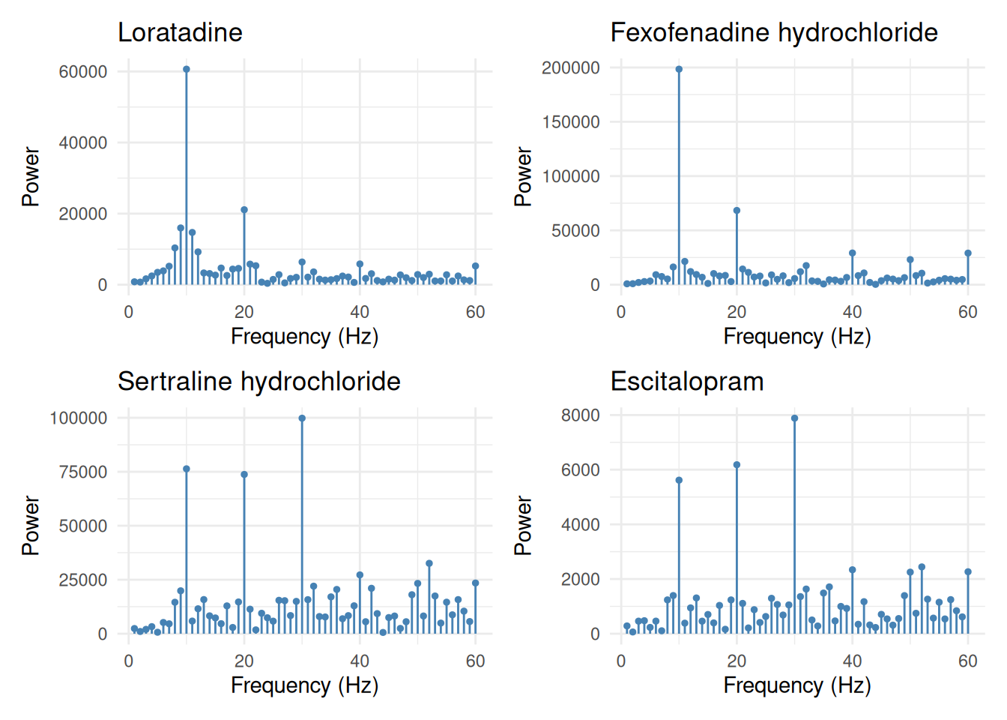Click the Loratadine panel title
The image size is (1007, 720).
pos(180,32)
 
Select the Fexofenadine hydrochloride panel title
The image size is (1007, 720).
pos(774,32)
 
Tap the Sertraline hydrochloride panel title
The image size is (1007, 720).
pos(259,382)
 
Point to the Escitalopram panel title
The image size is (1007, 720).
pos(687,382)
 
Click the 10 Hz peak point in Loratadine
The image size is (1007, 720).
pos(187,69)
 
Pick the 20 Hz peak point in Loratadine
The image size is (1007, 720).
pos(244,210)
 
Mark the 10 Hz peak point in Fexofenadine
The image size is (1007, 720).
pos(679,69)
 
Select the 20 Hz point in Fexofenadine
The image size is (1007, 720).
pos(737,211)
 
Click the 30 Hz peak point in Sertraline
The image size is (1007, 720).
pos(302,418)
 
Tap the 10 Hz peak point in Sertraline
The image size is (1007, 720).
pos(187,469)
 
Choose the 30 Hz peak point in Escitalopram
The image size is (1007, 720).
pos(795,418)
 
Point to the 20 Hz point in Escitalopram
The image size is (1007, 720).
pos(737,465)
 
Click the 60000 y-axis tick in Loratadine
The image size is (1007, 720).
pos(83,71)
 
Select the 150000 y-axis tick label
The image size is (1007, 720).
pos(571,122)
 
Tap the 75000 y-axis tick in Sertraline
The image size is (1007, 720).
pos(83,472)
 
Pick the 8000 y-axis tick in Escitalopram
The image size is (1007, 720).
pos(581,415)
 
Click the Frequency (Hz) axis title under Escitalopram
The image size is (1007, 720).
pos(797,685)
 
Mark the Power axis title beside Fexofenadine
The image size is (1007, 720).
pos(523,176)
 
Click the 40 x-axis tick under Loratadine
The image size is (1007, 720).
pos(360,312)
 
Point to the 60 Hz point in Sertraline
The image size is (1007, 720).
pos(476,583)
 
